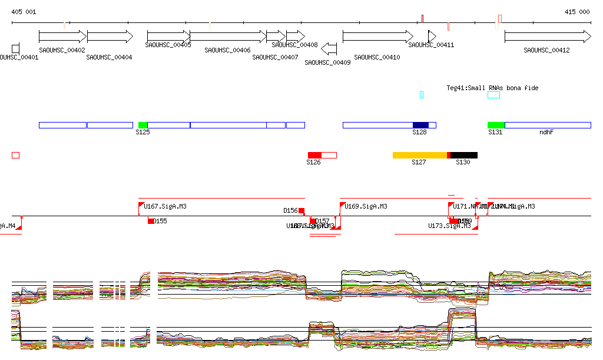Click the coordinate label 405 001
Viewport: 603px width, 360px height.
(x=24, y=12)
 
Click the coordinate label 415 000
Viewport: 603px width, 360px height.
(x=577, y=12)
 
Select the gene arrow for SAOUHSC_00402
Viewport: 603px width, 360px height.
(x=62, y=37)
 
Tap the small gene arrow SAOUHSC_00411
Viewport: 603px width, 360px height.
(x=432, y=36)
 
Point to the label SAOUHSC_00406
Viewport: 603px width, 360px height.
(x=227, y=51)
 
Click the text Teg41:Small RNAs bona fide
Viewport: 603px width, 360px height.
(x=492, y=88)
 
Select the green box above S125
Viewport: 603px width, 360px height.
(x=143, y=125)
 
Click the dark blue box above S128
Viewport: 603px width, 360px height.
(x=420, y=125)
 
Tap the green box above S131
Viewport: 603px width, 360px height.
(x=496, y=125)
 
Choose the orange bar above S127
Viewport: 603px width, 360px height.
(x=419, y=155)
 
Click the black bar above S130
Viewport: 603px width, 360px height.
(x=464, y=155)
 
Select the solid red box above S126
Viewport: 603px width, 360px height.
(x=314, y=155)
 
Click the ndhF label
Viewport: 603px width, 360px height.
(x=546, y=133)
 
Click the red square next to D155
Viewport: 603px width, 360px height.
(x=151, y=221)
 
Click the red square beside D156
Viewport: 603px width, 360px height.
(x=301, y=211)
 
